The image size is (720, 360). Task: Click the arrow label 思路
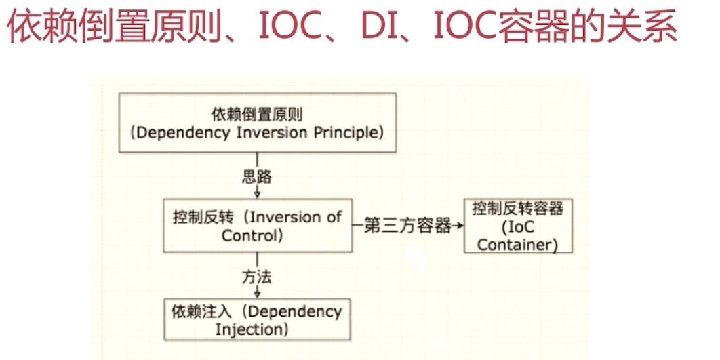tap(257, 177)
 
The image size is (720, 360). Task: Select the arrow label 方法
tap(257, 277)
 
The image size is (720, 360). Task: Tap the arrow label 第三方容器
tap(407, 226)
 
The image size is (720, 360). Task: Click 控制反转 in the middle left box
tap(200, 218)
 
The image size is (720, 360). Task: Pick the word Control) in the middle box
tap(252, 236)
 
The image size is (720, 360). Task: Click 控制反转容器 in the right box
tap(518, 208)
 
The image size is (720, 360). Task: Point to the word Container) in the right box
tap(517, 244)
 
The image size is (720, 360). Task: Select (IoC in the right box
tap(517, 226)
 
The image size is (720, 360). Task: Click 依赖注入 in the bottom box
tap(200, 312)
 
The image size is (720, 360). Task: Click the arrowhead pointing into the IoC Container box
tap(460, 226)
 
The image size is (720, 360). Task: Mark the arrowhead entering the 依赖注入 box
tap(258, 295)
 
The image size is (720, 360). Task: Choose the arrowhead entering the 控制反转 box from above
tap(258, 195)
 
